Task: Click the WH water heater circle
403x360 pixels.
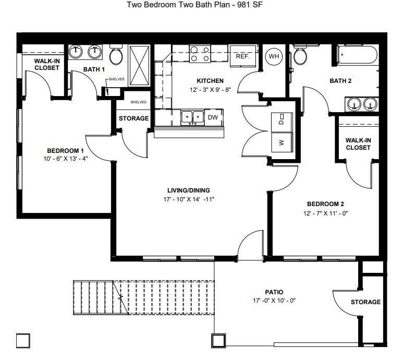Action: click(x=274, y=56)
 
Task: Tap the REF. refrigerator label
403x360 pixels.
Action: click(x=242, y=56)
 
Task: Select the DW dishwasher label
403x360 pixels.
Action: click(x=213, y=117)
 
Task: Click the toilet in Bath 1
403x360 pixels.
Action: click(x=116, y=54)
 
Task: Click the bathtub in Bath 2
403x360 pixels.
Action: click(x=358, y=54)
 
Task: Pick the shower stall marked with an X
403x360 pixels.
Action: click(x=139, y=65)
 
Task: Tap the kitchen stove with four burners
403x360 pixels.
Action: click(x=200, y=54)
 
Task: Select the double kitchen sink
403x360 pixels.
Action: click(x=192, y=118)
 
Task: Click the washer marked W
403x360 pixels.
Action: click(x=282, y=142)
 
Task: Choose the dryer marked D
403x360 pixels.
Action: click(x=282, y=122)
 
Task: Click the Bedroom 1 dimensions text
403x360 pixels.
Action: click(x=66, y=159)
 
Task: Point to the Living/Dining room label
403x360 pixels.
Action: click(x=189, y=190)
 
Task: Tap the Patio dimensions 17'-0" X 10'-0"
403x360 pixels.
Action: click(x=274, y=301)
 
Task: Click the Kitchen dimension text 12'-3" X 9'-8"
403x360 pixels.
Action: click(x=210, y=90)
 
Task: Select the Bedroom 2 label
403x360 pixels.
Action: click(x=325, y=204)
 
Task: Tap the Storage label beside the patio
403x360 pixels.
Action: click(x=366, y=302)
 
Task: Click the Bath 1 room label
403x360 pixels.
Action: click(x=94, y=69)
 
